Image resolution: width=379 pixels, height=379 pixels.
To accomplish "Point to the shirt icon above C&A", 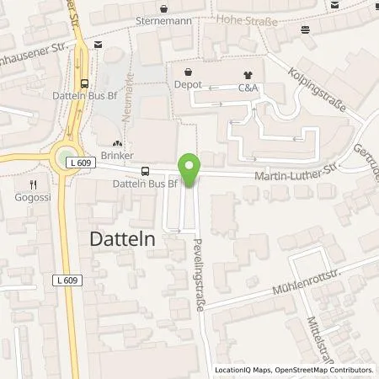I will pos(247,75).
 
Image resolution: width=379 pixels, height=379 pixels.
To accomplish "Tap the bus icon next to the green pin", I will pos(146,170).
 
